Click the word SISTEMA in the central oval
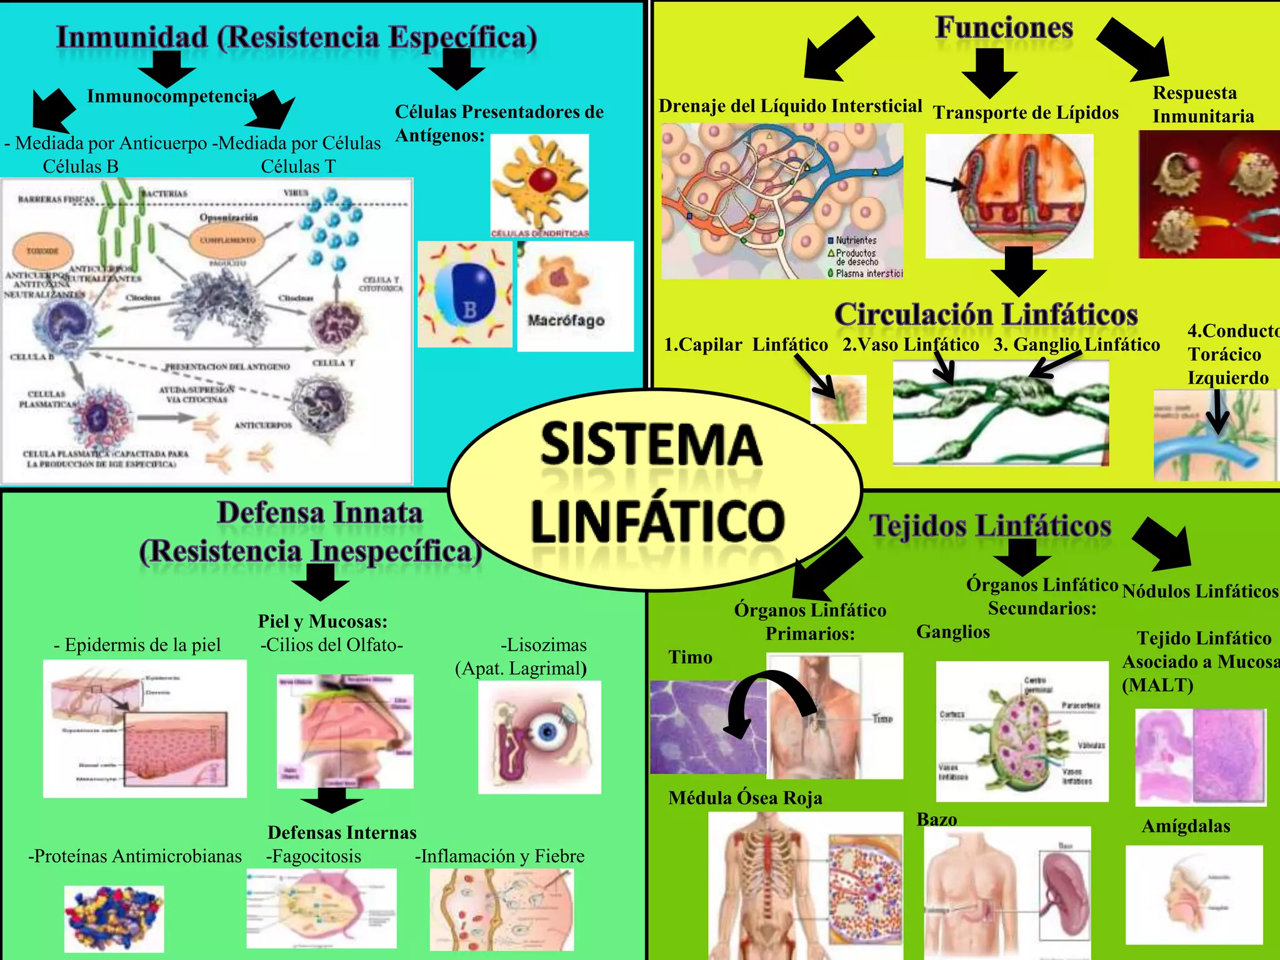click(651, 444)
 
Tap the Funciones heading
click(1004, 28)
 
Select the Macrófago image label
click(566, 321)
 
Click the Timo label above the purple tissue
click(690, 657)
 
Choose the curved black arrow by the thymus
click(769, 700)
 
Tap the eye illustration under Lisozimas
click(539, 737)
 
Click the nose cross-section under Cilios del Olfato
click(345, 731)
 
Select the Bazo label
click(936, 819)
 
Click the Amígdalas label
click(1186, 826)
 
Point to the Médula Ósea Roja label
click(745, 798)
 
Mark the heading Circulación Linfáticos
click(986, 314)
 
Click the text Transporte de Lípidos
click(1026, 113)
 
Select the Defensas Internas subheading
click(342, 832)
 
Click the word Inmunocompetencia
click(172, 96)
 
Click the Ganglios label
click(953, 632)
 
